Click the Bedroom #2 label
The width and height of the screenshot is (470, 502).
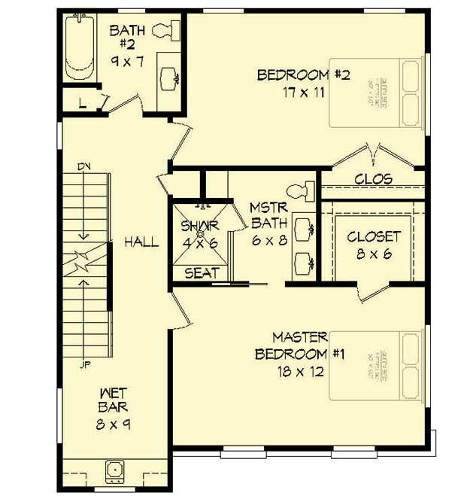(305, 75)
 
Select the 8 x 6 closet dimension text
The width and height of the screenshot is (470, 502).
(374, 254)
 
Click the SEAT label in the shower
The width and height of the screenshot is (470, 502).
(202, 273)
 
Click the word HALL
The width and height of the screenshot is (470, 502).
(141, 242)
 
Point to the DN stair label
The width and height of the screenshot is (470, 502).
(83, 166)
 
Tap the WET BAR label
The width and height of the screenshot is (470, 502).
(114, 400)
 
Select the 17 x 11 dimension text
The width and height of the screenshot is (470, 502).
(304, 93)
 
